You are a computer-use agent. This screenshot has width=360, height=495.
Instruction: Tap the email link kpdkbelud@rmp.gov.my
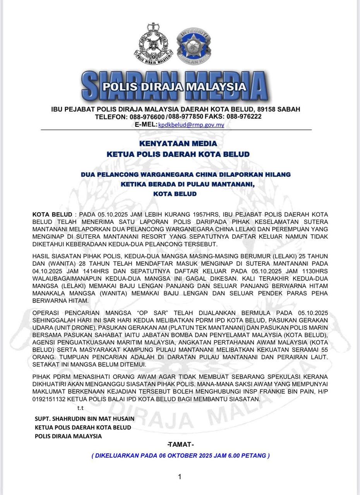191,125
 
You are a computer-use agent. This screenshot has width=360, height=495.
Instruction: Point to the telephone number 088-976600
147,116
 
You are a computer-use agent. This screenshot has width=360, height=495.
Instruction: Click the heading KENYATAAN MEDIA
178,144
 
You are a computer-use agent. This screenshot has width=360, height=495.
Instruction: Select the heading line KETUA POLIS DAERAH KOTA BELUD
178,154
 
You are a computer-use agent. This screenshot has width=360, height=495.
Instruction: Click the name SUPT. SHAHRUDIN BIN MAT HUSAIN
85,419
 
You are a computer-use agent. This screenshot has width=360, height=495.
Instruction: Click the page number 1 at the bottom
180,477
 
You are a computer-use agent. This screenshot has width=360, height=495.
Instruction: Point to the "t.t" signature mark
81,408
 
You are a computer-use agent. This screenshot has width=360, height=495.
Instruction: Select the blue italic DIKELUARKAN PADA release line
180,456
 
